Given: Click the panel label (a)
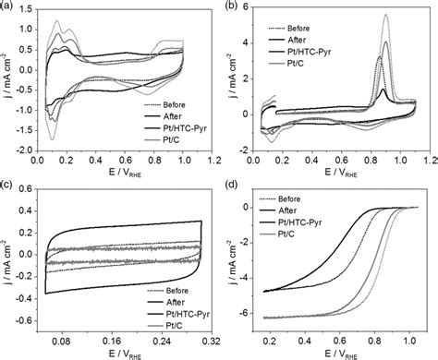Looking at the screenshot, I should point(8,6).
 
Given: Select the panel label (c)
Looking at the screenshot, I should point(8,185).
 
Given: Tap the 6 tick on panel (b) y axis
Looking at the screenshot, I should point(252,13).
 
